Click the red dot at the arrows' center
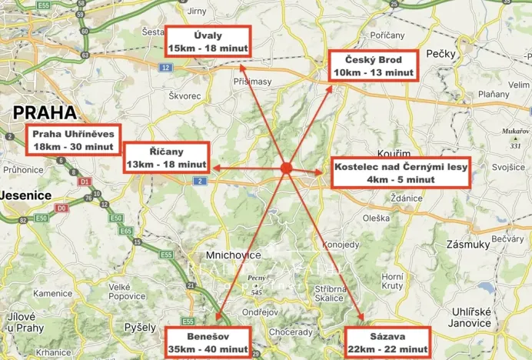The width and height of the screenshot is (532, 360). coord(285,167)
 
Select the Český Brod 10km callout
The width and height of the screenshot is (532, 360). coord(373,66)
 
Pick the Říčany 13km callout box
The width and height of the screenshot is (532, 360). coord(166,158)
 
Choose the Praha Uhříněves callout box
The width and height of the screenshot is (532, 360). coord(73,139)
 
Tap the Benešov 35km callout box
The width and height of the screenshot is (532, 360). coord(208,342)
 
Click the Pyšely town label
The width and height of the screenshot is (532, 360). coord(141,327)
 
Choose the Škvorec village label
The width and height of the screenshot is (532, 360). coord(185,95)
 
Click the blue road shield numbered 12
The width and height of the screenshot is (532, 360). coord(165,68)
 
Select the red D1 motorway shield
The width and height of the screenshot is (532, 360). coord(85,182)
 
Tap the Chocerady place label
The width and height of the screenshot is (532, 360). coord(291,332)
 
